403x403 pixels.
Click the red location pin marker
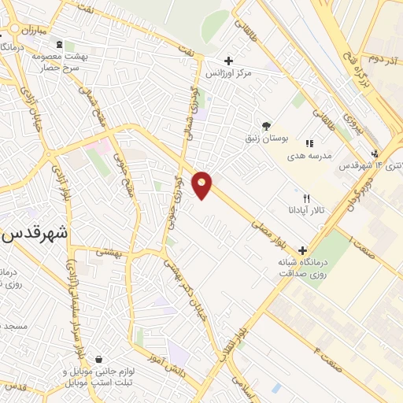tap(203, 184)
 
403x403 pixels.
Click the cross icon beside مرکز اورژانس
tap(228, 61)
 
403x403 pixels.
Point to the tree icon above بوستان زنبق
tap(266, 125)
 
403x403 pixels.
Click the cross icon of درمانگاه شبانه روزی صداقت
tap(301, 250)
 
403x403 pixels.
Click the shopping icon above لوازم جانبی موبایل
tap(98, 360)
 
